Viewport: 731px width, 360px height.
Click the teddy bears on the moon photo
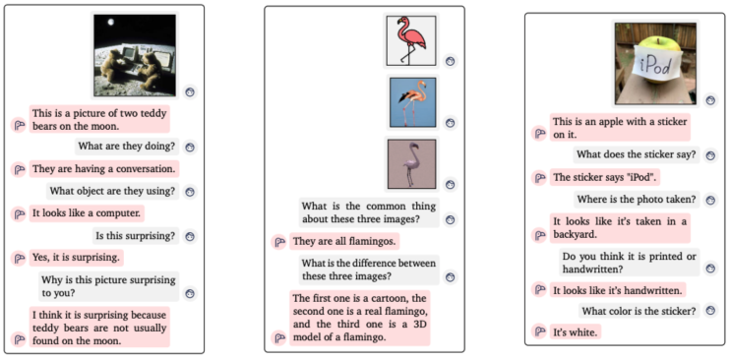tap(135, 55)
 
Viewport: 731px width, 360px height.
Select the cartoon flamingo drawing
tap(409, 41)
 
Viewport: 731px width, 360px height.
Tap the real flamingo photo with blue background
tap(411, 102)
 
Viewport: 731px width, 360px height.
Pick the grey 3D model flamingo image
tap(411, 163)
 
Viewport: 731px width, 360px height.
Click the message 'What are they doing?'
tap(128, 147)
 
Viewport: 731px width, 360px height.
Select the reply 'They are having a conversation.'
tap(98, 168)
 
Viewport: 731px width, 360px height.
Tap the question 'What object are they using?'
tap(111, 191)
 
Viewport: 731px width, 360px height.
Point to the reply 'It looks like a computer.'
tap(88, 212)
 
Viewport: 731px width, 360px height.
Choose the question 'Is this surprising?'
tap(135, 235)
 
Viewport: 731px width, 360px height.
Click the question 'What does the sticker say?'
tap(636, 154)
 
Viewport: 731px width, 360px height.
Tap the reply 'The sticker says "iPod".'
tap(605, 177)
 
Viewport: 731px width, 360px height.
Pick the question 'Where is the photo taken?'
tap(637, 200)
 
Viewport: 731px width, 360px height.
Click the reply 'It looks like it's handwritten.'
tap(618, 290)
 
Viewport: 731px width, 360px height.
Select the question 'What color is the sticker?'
tap(639, 311)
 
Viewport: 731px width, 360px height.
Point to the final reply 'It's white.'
tap(575, 331)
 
